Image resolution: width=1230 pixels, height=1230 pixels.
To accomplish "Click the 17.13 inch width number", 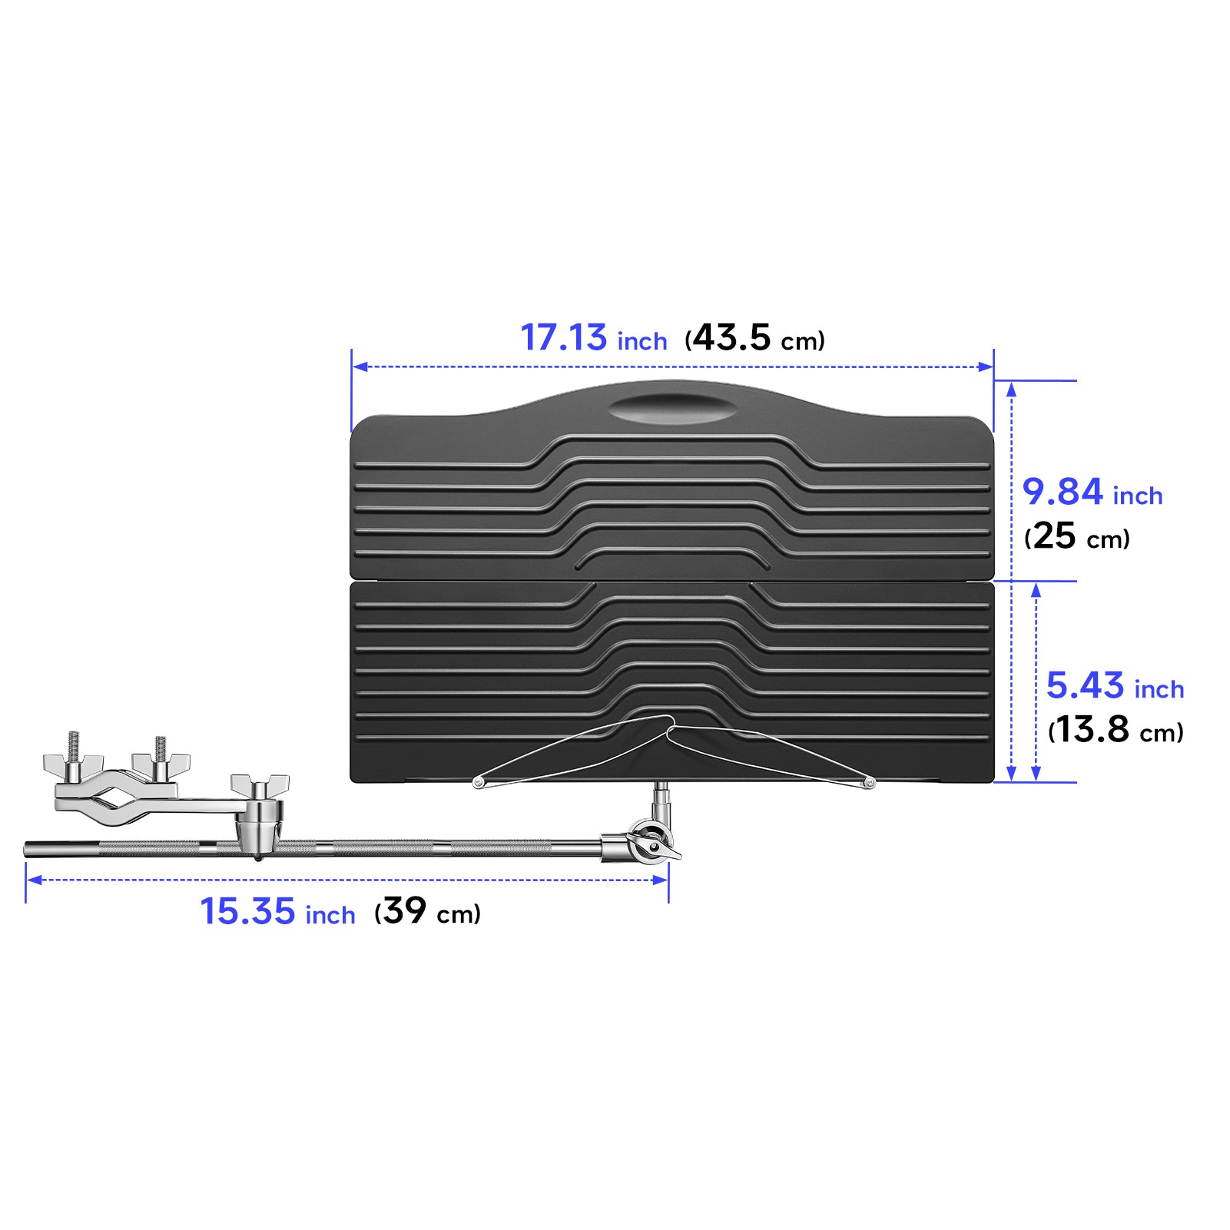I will tap(563, 338).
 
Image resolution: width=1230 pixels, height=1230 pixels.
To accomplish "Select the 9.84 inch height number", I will tap(1062, 492).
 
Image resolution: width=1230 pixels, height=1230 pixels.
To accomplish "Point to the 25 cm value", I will tap(1054, 536).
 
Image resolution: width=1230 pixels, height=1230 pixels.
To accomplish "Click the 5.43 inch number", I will tap(1085, 686).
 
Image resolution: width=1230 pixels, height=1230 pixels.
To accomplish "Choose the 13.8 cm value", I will tap(1092, 730).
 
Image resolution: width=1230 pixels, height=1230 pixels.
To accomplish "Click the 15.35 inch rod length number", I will tap(247, 912).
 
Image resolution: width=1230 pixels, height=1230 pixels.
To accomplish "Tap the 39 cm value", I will tap(405, 911).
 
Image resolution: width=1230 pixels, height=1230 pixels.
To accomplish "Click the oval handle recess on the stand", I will tap(672, 409).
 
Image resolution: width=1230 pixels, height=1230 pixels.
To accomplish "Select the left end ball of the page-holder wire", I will tap(478, 783).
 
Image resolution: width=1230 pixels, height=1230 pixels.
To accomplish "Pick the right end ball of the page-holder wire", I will tap(869, 783).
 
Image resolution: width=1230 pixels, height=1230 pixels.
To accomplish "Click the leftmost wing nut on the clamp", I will tap(73, 764).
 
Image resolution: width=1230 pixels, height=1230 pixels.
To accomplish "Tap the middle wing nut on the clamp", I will tap(161, 764).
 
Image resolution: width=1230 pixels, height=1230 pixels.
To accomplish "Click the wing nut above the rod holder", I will tap(260, 786).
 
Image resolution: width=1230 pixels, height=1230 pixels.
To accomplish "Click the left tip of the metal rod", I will tap(28, 849).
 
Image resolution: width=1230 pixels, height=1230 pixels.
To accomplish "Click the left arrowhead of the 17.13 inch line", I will tap(358, 366).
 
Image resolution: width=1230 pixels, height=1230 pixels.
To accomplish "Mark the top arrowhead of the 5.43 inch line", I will tap(1036, 589).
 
